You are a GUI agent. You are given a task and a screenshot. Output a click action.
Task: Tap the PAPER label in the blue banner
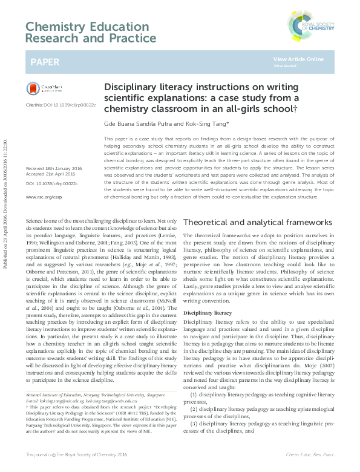tap(45, 62)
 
